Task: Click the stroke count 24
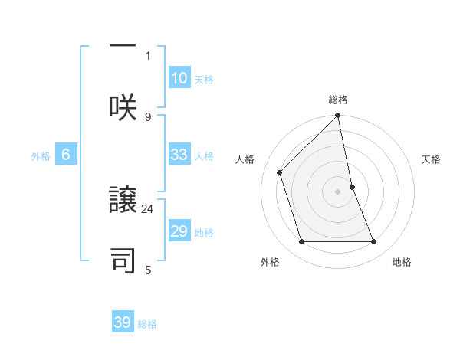(x=148, y=208)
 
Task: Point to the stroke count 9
(x=148, y=116)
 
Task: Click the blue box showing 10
(x=179, y=78)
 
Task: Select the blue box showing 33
(x=179, y=155)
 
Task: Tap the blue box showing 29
(x=179, y=231)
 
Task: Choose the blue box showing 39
(x=123, y=322)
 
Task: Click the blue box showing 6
(x=66, y=155)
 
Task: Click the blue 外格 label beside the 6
(x=41, y=155)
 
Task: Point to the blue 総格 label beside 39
(x=147, y=323)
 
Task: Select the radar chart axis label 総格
(x=338, y=100)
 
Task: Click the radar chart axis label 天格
(x=432, y=159)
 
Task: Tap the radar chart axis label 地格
(x=402, y=262)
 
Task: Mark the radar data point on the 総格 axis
(x=338, y=116)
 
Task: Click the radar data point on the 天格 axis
(x=352, y=186)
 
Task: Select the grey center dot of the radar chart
(x=338, y=191)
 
